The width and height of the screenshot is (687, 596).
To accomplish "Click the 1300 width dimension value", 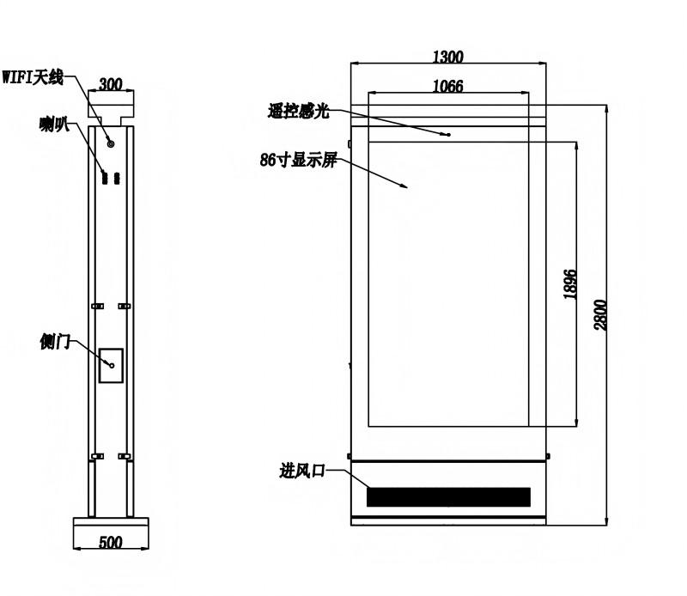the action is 447,57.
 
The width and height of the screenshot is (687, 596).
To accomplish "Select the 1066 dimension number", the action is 447,86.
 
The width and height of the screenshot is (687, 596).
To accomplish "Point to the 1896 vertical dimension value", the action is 570,284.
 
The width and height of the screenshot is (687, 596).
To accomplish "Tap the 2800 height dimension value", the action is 600,314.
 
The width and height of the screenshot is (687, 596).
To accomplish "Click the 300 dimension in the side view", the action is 111,83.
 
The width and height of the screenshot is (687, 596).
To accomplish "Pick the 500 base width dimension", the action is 111,542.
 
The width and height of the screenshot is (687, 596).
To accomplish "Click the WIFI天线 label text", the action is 33,77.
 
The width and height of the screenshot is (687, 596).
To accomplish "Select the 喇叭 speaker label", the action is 54,125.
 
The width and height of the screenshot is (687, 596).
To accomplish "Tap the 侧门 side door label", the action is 55,342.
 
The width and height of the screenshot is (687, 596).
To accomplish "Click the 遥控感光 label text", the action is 298,112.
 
